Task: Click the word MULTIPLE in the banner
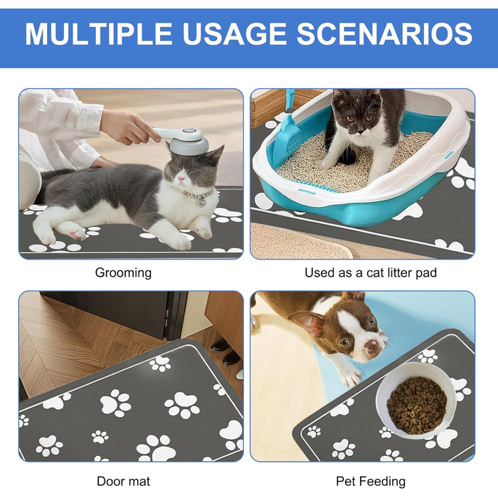pos(99,33)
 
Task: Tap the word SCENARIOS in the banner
pos(385,33)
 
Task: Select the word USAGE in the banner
pos(234,33)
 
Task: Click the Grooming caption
pos(123,273)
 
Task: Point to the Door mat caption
pos(123,481)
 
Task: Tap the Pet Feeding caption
pos(371,482)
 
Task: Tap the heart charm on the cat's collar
pos(201,203)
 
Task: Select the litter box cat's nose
pos(360,130)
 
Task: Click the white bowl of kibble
pos(416,400)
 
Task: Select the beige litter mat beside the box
pos(298,241)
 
